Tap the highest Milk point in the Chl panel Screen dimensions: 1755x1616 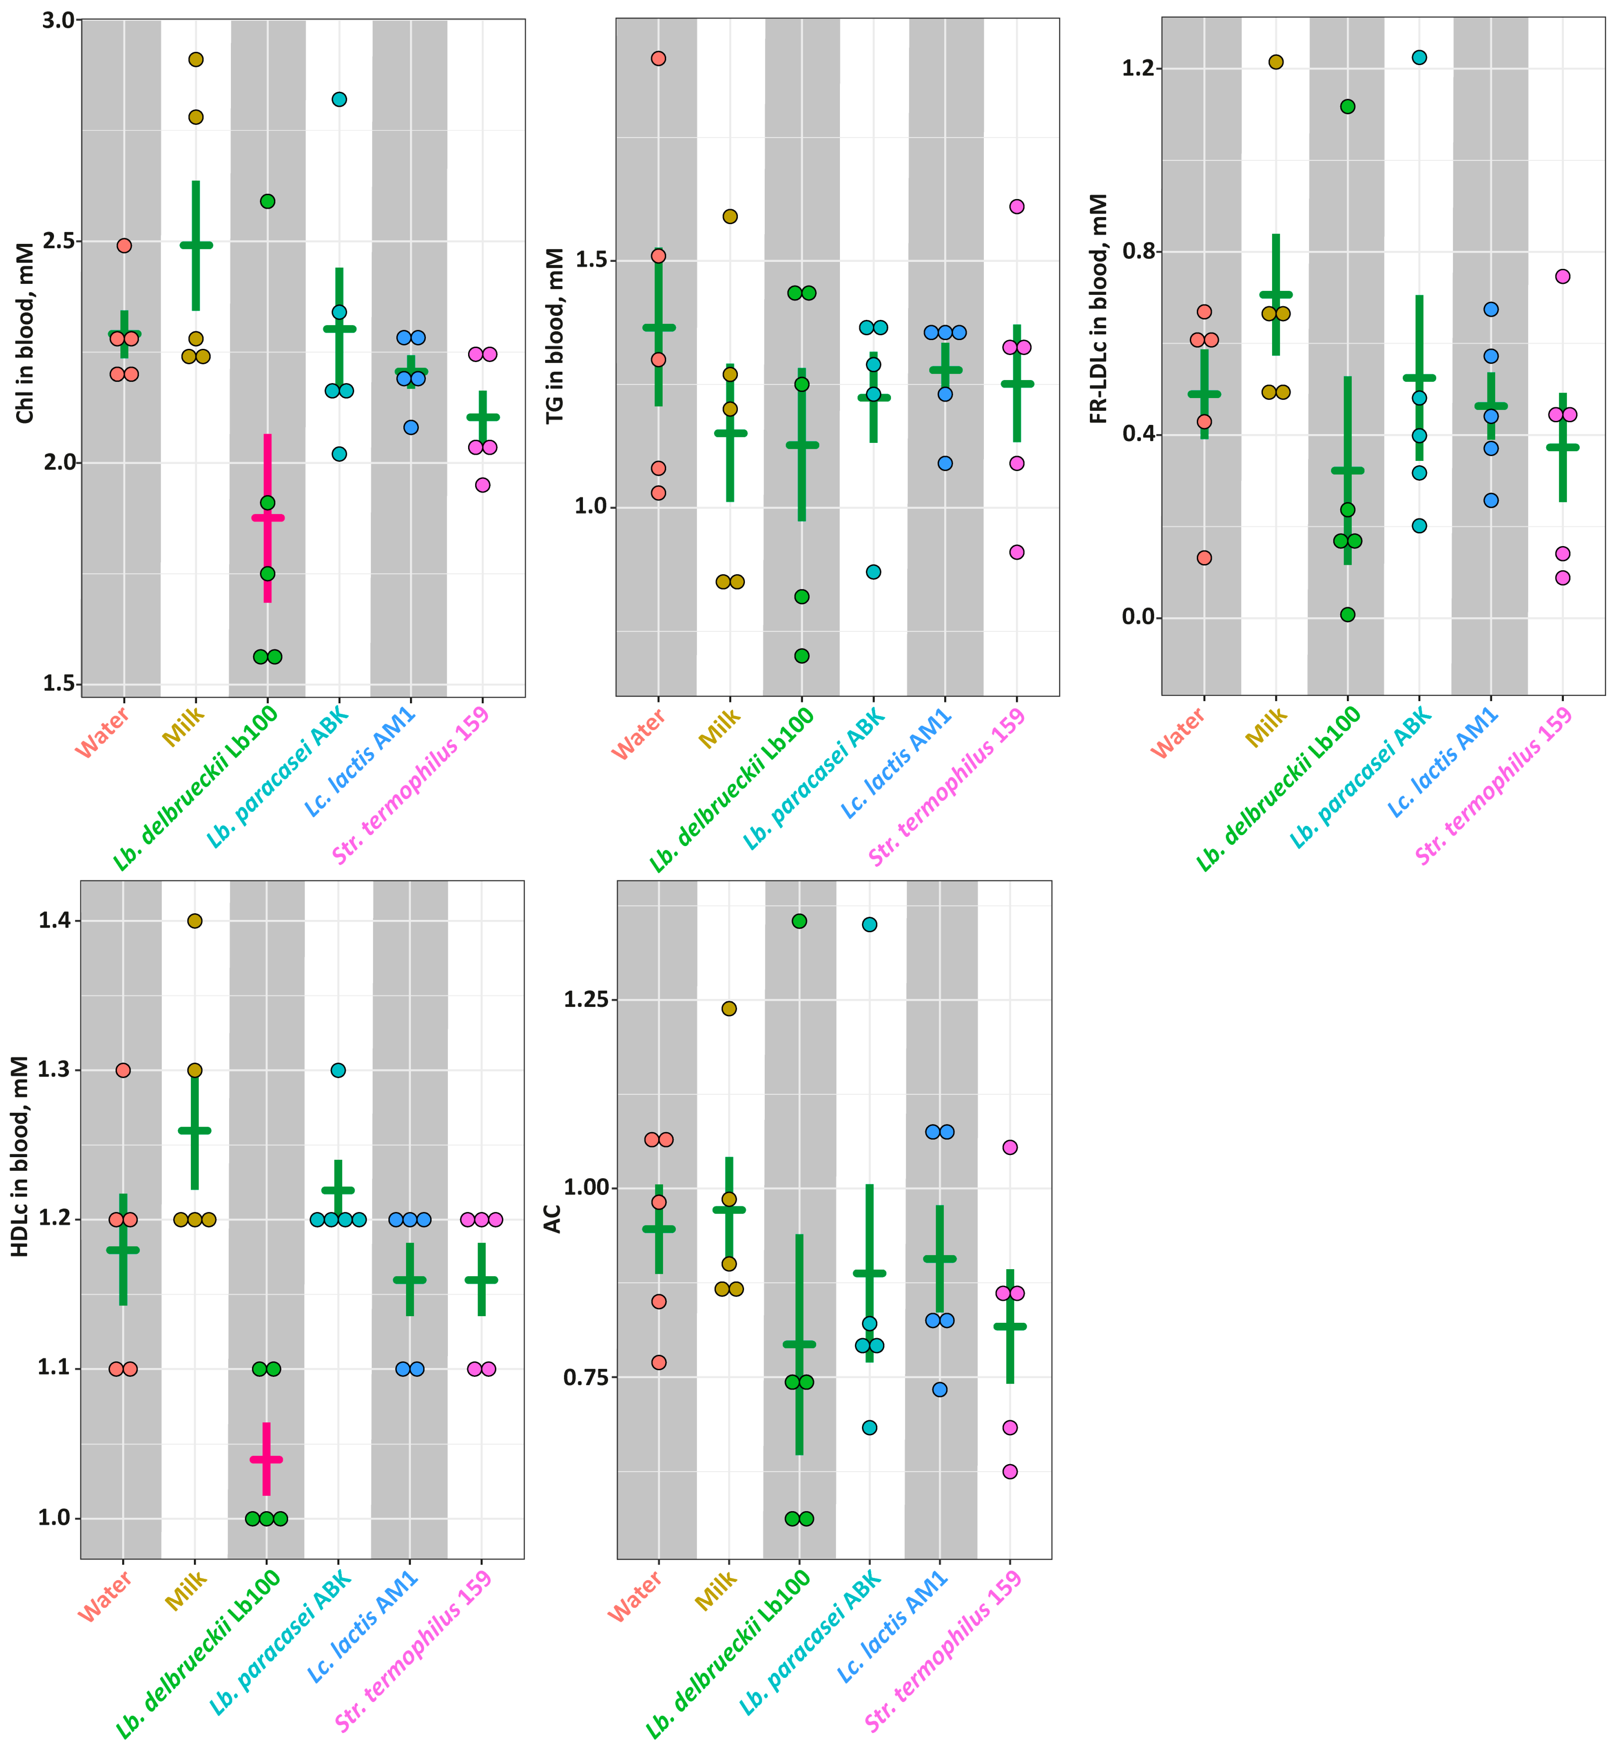pyautogui.click(x=196, y=59)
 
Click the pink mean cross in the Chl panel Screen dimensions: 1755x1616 pyautogui.click(x=268, y=518)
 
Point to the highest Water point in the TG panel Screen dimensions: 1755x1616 pyautogui.click(x=659, y=59)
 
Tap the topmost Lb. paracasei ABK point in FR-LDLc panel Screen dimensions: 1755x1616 pyautogui.click(x=1419, y=58)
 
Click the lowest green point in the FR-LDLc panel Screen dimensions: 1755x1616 pyautogui.click(x=1348, y=614)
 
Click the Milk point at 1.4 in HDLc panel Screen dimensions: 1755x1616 pyautogui.click(x=195, y=920)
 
